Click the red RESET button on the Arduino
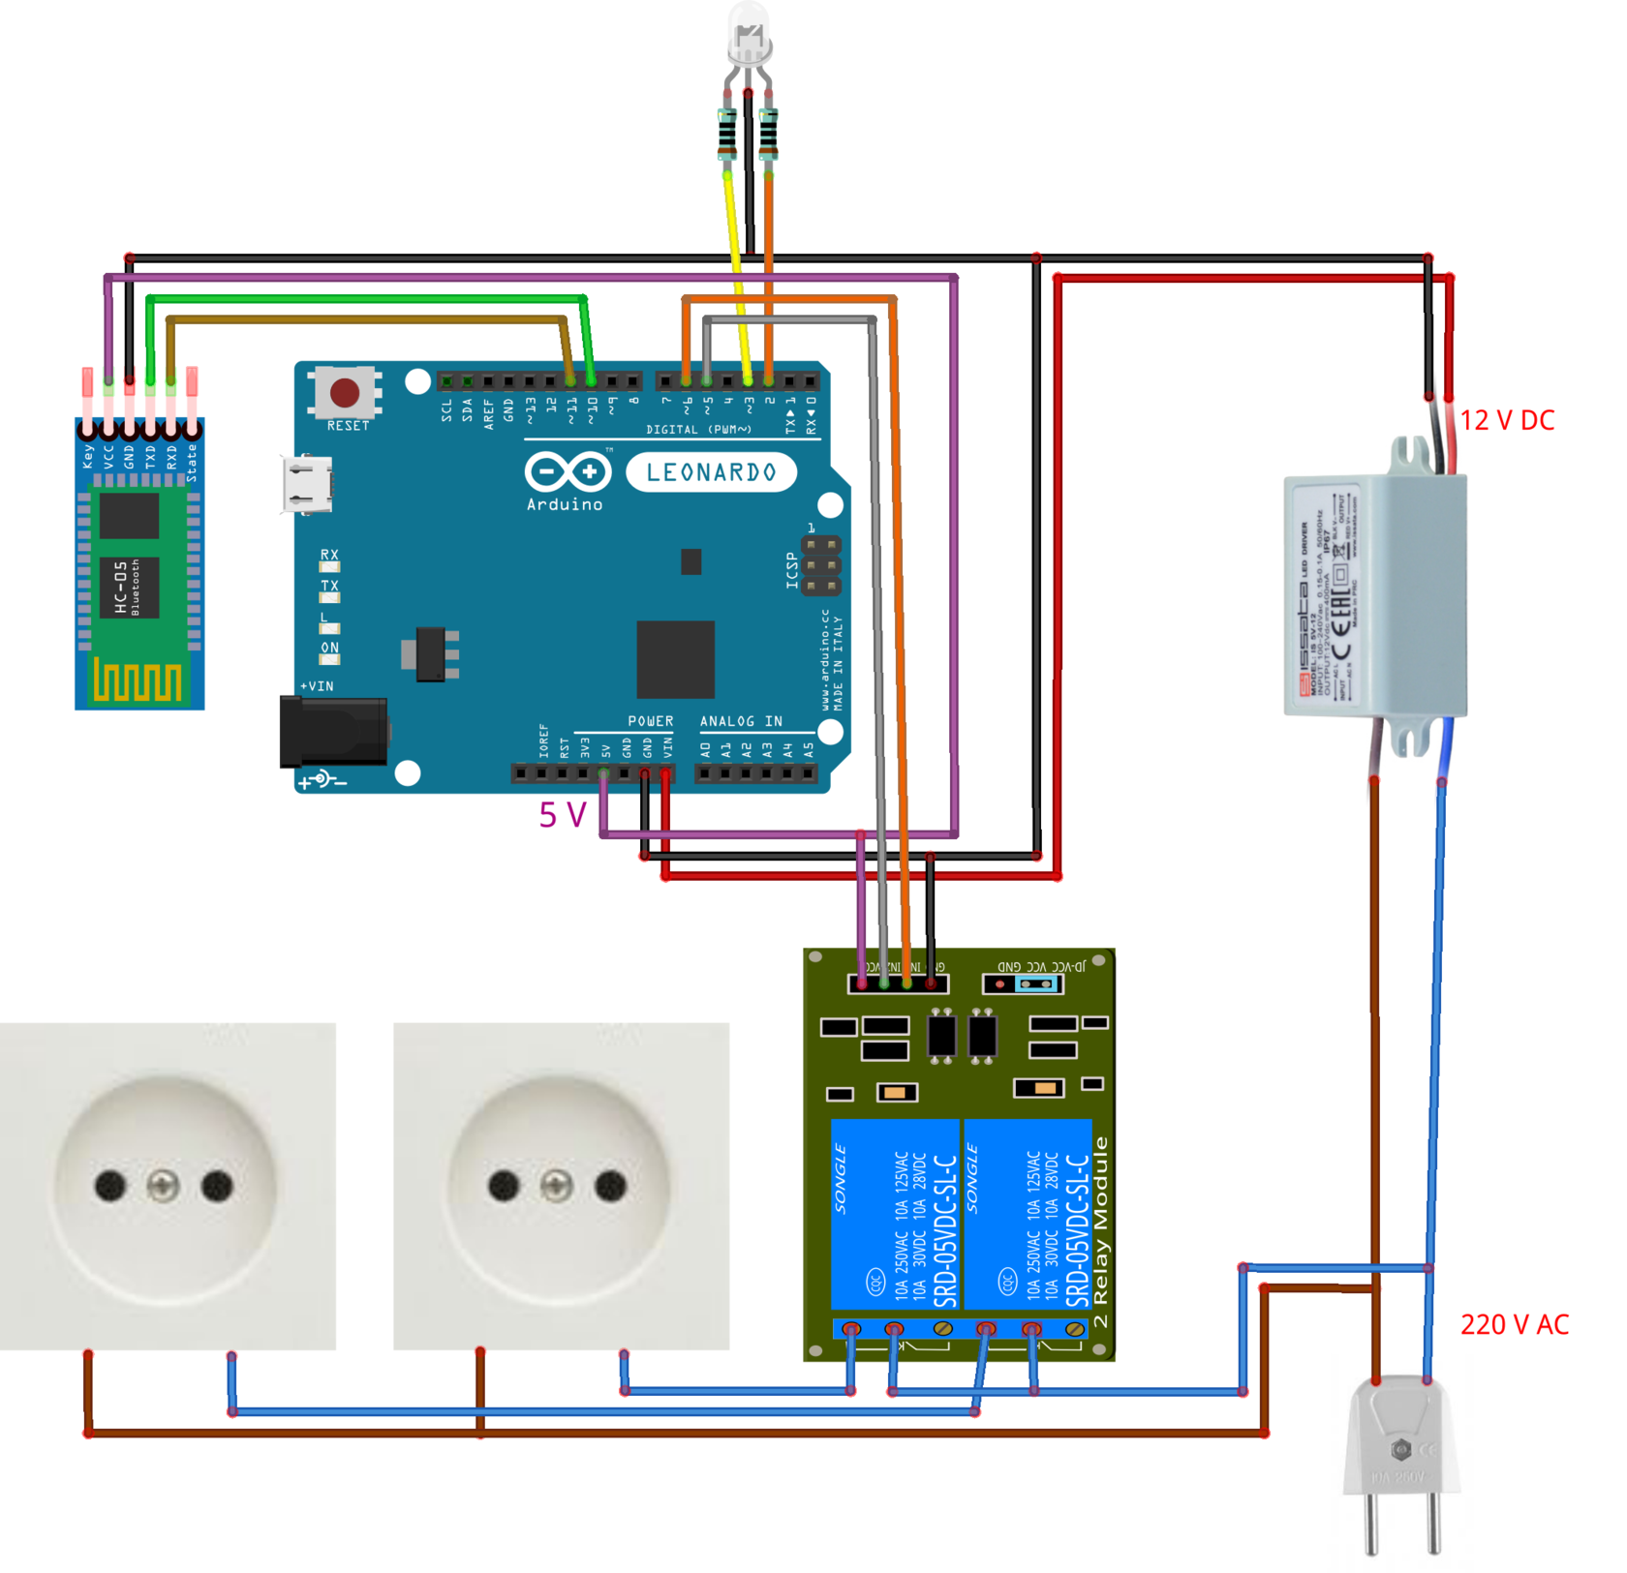click(345, 392)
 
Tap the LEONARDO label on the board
click(712, 472)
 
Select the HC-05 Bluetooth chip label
click(127, 587)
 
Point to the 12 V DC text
click(1507, 420)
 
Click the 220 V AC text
click(1515, 1324)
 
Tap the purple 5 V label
click(563, 815)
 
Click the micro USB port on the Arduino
click(308, 484)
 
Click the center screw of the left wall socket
click(163, 1185)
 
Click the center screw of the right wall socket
click(556, 1185)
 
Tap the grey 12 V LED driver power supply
click(1375, 595)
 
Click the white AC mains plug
click(1400, 1452)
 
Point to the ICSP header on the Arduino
click(821, 566)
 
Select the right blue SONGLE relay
click(1028, 1216)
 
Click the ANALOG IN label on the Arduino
click(741, 721)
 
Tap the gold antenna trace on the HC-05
click(138, 681)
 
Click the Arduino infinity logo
click(568, 472)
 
